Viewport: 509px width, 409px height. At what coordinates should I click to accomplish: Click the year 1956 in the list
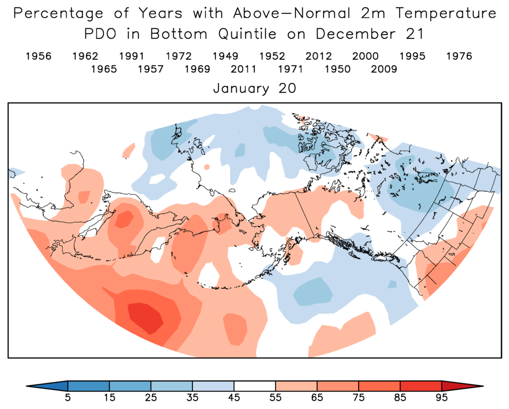pos(38,56)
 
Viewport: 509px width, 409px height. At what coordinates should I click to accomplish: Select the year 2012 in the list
pos(319,56)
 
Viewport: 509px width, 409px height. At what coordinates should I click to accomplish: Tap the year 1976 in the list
pos(459,56)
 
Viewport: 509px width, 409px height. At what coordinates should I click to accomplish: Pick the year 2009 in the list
pos(384,69)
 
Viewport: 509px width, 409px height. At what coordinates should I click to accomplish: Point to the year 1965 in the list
pos(104,69)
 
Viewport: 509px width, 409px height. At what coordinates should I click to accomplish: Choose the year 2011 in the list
pos(244,69)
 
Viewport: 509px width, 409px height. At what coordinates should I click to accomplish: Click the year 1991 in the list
pos(132,56)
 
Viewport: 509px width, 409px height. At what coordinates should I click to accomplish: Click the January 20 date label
pos(254,88)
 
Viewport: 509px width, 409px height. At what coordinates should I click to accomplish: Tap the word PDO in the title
pos(105,34)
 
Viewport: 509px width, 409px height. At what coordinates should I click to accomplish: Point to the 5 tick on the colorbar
pos(68,397)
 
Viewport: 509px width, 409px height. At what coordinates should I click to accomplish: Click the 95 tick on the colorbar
pos(442,397)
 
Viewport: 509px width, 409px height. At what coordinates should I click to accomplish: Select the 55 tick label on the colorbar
pos(276,397)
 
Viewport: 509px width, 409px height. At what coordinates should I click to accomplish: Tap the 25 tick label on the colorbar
pos(151,397)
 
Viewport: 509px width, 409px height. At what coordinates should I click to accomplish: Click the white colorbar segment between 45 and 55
pos(255,386)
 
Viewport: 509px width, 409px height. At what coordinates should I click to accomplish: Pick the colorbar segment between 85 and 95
pos(421,386)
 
